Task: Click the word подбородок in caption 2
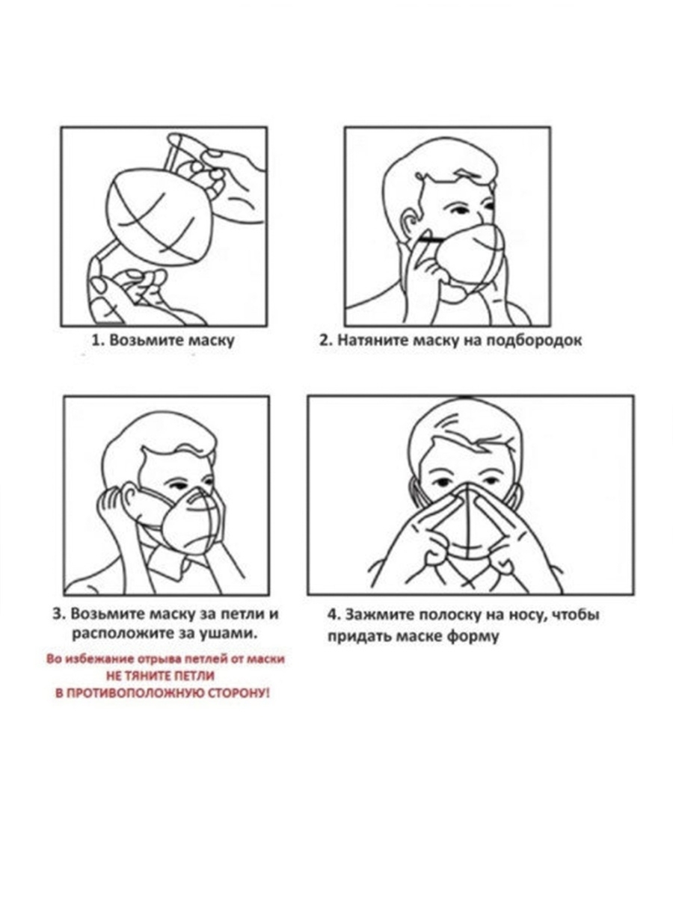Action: tap(534, 340)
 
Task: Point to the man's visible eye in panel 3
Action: tap(179, 485)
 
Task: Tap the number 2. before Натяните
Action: tap(325, 340)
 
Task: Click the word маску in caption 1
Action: tap(212, 341)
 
